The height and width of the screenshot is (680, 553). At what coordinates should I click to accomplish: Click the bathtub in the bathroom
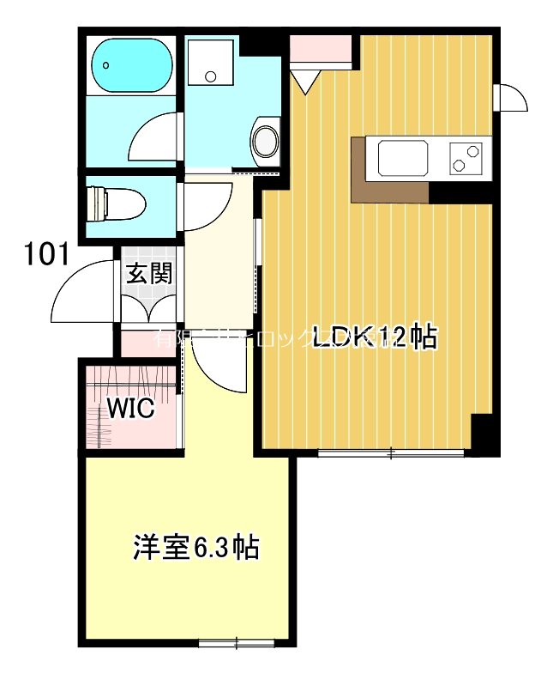coord(129,64)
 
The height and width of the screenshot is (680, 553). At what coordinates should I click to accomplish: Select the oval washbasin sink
coord(265,141)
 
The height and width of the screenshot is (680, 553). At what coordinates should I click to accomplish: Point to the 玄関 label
coord(149,273)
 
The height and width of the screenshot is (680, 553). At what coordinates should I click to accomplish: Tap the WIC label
coord(130,409)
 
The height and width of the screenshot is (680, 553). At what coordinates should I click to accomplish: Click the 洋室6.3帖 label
coord(196,547)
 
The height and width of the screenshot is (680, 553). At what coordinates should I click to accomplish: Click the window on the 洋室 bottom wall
coord(237,642)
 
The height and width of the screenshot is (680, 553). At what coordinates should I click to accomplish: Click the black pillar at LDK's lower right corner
coord(483,434)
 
